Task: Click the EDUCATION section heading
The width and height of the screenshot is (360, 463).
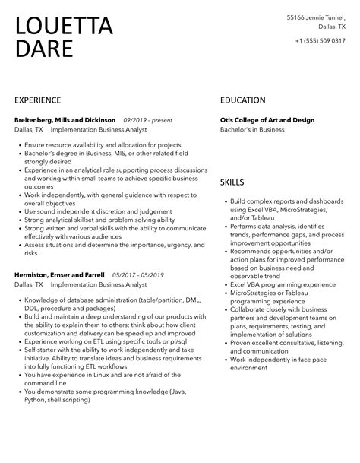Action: pyautogui.click(x=243, y=100)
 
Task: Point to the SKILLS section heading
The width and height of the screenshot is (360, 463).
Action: pyautogui.click(x=232, y=182)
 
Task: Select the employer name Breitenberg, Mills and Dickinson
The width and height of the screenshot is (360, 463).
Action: pyautogui.click(x=65, y=120)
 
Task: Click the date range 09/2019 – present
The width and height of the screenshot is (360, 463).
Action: pyautogui.click(x=149, y=120)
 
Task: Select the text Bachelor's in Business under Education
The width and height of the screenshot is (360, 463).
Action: pyautogui.click(x=252, y=130)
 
